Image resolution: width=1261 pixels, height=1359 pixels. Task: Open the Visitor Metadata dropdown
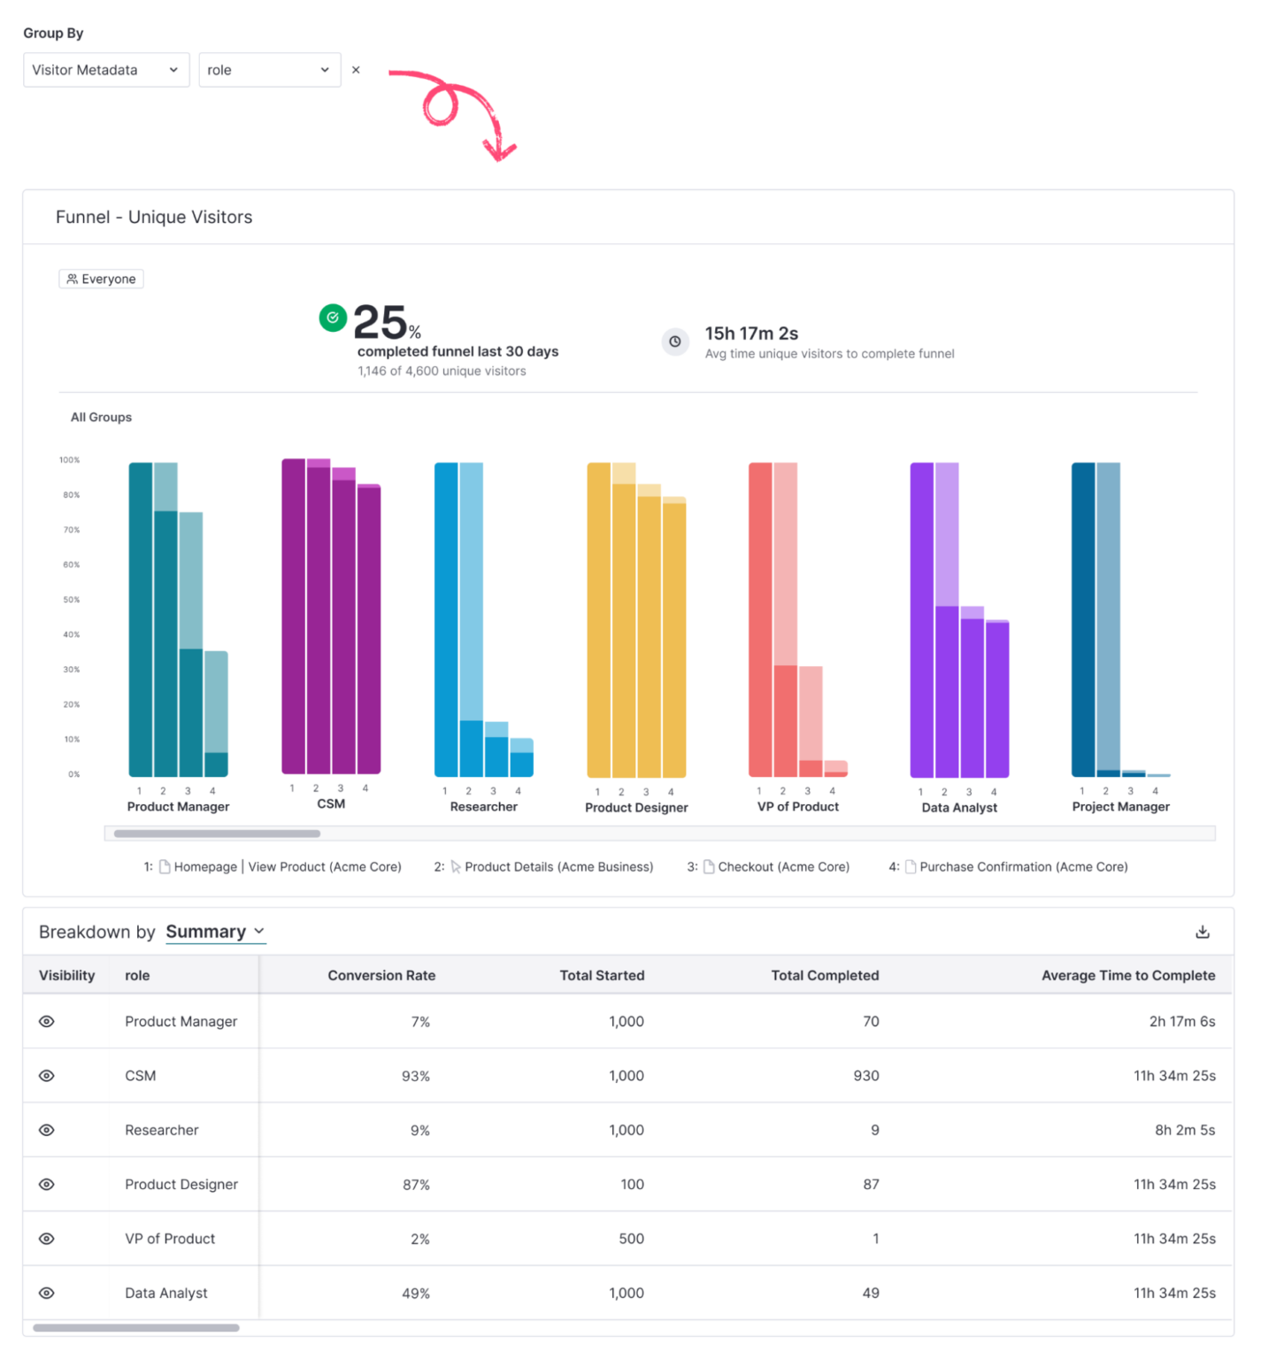(x=105, y=70)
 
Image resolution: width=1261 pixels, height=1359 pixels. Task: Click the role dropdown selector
(x=269, y=70)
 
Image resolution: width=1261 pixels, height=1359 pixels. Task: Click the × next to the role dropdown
(x=356, y=70)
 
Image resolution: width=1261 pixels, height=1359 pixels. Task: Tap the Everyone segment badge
(x=101, y=279)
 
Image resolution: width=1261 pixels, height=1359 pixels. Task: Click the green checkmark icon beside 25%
(x=333, y=317)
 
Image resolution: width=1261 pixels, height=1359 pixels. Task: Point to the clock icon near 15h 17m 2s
(x=675, y=342)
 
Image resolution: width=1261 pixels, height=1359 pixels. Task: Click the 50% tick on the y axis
(x=72, y=600)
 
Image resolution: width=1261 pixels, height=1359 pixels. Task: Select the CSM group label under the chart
(x=331, y=803)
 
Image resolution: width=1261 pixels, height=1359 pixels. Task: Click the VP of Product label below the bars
(x=797, y=806)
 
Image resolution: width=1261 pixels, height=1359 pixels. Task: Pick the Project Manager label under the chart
(x=1120, y=806)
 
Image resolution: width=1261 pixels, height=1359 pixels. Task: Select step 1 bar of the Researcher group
(x=446, y=619)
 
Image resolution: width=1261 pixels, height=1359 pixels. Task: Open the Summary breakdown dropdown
(x=215, y=932)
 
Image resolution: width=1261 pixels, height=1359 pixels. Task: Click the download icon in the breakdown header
(x=1202, y=932)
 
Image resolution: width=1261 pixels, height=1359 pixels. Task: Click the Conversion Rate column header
(x=381, y=975)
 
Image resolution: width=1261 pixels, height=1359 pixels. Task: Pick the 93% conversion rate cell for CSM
(x=415, y=1076)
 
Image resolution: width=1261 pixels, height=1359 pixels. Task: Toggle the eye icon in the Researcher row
(x=47, y=1130)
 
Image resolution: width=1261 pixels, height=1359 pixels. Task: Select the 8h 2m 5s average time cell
(x=1184, y=1130)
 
